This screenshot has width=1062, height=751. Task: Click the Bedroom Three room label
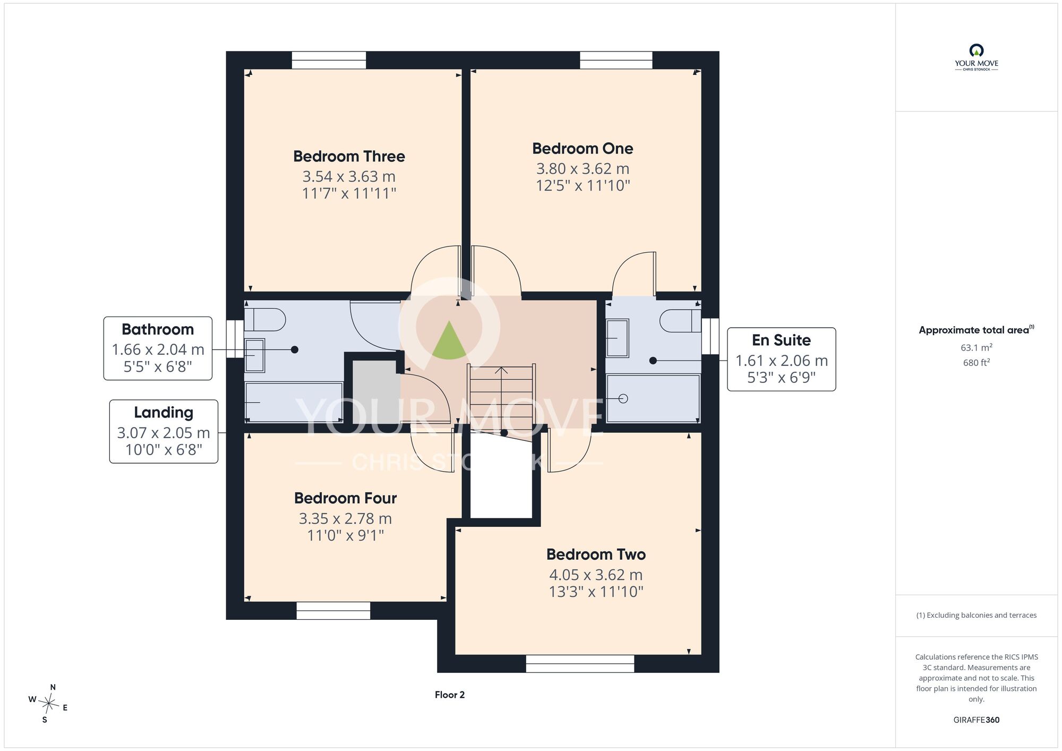pos(349,156)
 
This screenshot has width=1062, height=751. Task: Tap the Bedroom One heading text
pos(583,148)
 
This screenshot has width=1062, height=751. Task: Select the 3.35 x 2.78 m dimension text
pos(345,518)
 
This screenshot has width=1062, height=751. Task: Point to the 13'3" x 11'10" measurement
pos(596,591)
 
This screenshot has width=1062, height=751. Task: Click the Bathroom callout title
pos(158,329)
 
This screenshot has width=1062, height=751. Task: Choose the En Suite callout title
pos(781,340)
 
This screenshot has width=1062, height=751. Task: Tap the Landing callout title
pos(164,412)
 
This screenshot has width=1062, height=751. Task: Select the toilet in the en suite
pos(680,321)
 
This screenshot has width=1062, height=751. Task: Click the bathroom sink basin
pos(254,355)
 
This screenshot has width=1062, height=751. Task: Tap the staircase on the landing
pos(501,400)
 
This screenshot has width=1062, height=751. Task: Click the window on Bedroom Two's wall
pos(580,663)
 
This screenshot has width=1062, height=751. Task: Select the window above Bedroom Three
pos(329,60)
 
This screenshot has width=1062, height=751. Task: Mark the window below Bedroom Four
pos(333,611)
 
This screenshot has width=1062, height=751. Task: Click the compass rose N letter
pos(53,687)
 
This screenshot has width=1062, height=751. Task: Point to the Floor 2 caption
pos(450,695)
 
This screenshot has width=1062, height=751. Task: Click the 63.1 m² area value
pos(977,348)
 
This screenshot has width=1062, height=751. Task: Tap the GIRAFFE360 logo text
pos(977,720)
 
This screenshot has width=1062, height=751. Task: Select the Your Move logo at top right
pos(977,57)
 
